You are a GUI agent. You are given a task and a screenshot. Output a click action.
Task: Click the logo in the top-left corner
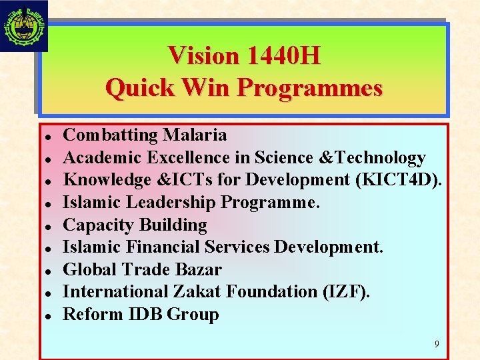pos(24,25)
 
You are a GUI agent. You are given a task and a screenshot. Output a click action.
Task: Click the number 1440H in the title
pos(283,55)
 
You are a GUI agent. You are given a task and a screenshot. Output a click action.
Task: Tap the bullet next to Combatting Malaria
pos(49,136)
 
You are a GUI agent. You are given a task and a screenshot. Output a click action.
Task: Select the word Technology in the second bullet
pos(383,158)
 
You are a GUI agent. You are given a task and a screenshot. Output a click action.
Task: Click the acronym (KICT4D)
pos(407,180)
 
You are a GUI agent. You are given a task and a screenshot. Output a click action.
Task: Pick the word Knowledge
pos(107,180)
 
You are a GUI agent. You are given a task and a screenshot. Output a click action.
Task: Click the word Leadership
pos(173,202)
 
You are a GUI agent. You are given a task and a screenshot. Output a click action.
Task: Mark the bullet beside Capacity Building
pos(49,226)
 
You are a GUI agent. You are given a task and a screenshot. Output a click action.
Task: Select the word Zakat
pos(197,292)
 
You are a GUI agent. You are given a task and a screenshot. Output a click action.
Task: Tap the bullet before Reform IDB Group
pos(49,315)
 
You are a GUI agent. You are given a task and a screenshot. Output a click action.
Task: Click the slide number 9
pos(437,345)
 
